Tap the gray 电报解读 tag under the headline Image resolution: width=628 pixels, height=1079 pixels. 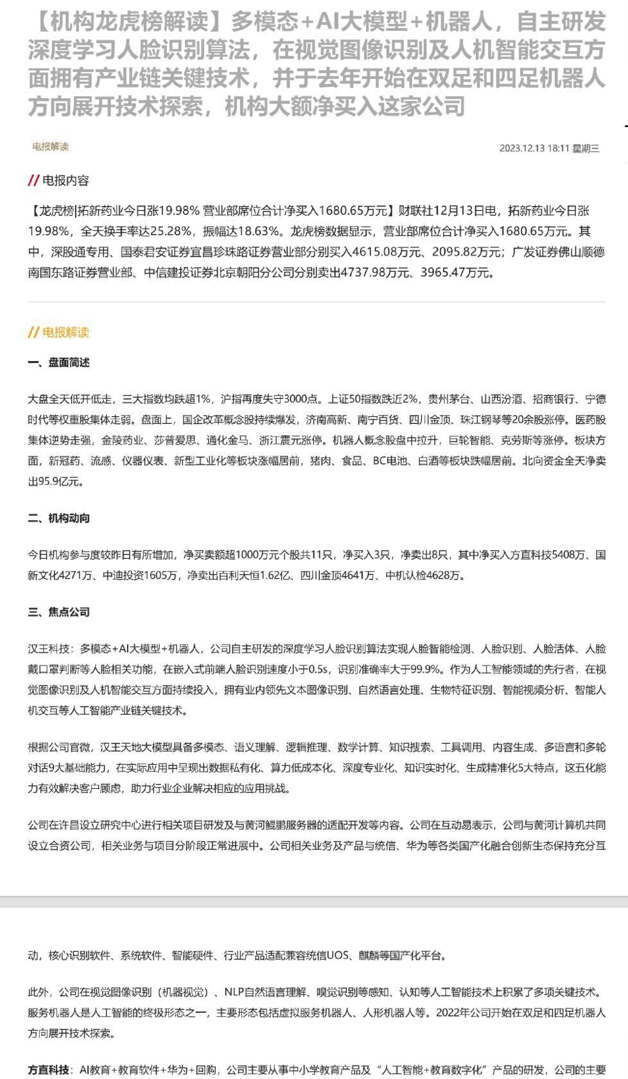[50, 146]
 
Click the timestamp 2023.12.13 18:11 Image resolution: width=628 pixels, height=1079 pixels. [534, 148]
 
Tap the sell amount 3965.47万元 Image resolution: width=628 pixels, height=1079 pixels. [457, 272]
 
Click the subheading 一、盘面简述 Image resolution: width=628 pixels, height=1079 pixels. [58, 363]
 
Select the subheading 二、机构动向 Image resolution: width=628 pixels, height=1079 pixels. [58, 518]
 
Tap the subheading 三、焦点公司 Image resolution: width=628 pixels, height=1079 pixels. [58, 612]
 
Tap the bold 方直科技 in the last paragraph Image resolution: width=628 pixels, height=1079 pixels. [48, 1070]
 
